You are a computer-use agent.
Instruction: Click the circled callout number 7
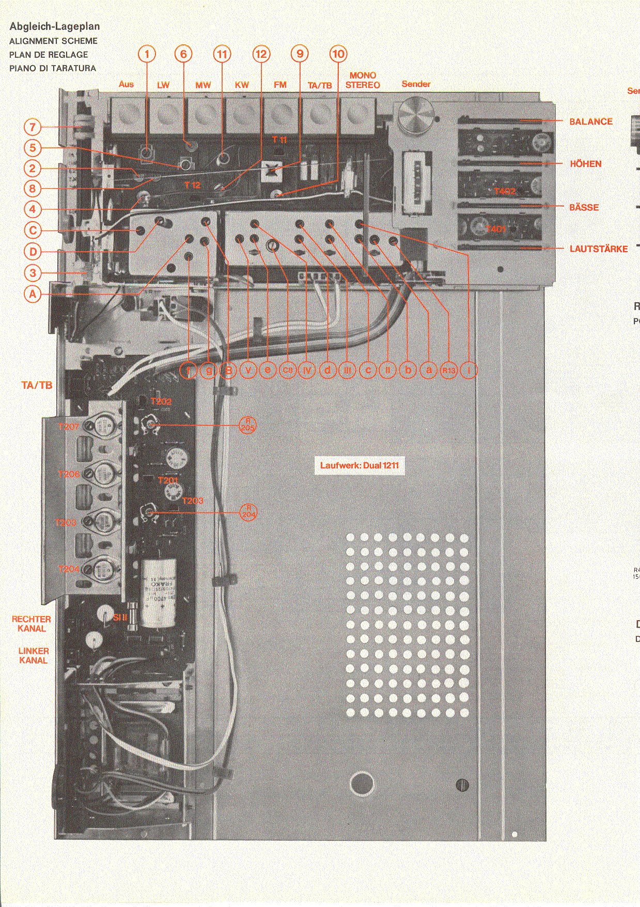click(33, 127)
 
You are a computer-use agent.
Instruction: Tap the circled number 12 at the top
click(261, 54)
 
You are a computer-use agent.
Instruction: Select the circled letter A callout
click(33, 294)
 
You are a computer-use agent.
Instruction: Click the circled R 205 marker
click(247, 425)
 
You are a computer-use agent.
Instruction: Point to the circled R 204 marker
click(248, 512)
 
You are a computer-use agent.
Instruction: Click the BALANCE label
click(590, 122)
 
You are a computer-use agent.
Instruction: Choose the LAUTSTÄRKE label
click(598, 249)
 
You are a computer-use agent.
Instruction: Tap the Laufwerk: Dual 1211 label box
click(359, 466)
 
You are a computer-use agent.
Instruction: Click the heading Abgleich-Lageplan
click(55, 26)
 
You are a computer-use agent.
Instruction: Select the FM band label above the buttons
click(280, 85)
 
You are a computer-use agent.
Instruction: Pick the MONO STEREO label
click(363, 80)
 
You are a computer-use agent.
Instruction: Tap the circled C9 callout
click(288, 370)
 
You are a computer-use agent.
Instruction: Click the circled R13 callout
click(449, 370)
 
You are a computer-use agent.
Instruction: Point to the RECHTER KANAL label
click(32, 624)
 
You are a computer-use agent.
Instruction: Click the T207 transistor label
click(68, 427)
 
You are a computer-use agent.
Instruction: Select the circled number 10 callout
click(338, 54)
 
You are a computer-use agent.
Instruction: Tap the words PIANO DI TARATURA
click(53, 68)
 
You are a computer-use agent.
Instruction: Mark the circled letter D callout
click(33, 252)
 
